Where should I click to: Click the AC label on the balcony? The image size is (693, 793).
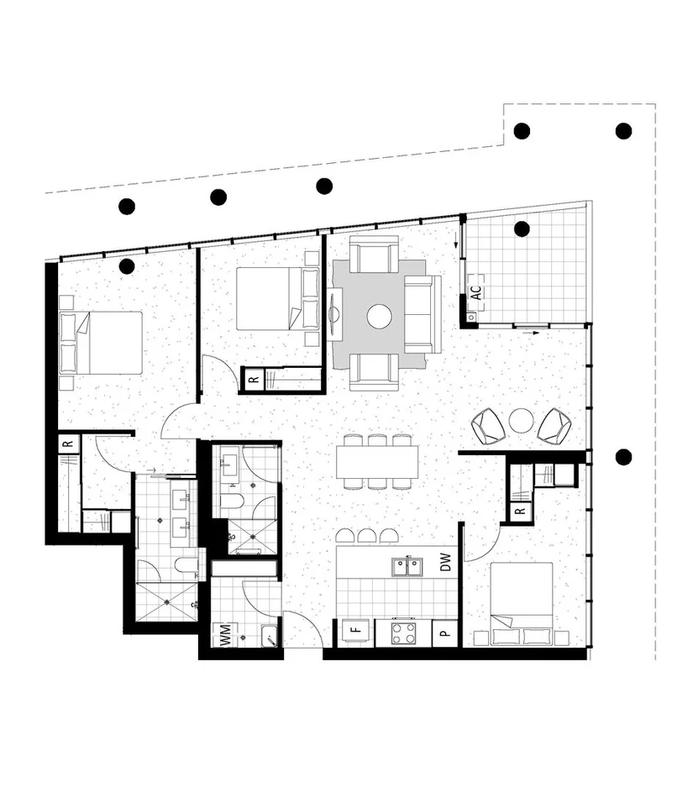tap(475, 293)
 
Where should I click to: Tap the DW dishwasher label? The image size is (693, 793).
tap(446, 562)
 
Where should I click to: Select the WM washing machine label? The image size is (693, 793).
tap(224, 635)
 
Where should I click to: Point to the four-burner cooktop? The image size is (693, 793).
tap(402, 633)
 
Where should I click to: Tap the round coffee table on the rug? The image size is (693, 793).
tap(379, 316)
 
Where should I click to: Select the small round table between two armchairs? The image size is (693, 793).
tap(521, 420)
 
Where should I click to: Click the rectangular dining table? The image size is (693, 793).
tap(377, 461)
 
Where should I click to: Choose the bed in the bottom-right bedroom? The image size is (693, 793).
tap(521, 603)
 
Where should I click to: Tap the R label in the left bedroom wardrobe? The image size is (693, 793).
tap(68, 443)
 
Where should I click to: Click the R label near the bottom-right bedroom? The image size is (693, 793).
tap(520, 510)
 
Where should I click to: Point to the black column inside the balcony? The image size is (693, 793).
tap(522, 228)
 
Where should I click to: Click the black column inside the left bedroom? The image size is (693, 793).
tap(127, 266)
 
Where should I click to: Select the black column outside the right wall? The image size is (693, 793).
tap(623, 457)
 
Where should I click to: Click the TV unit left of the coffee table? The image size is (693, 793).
tap(337, 315)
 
